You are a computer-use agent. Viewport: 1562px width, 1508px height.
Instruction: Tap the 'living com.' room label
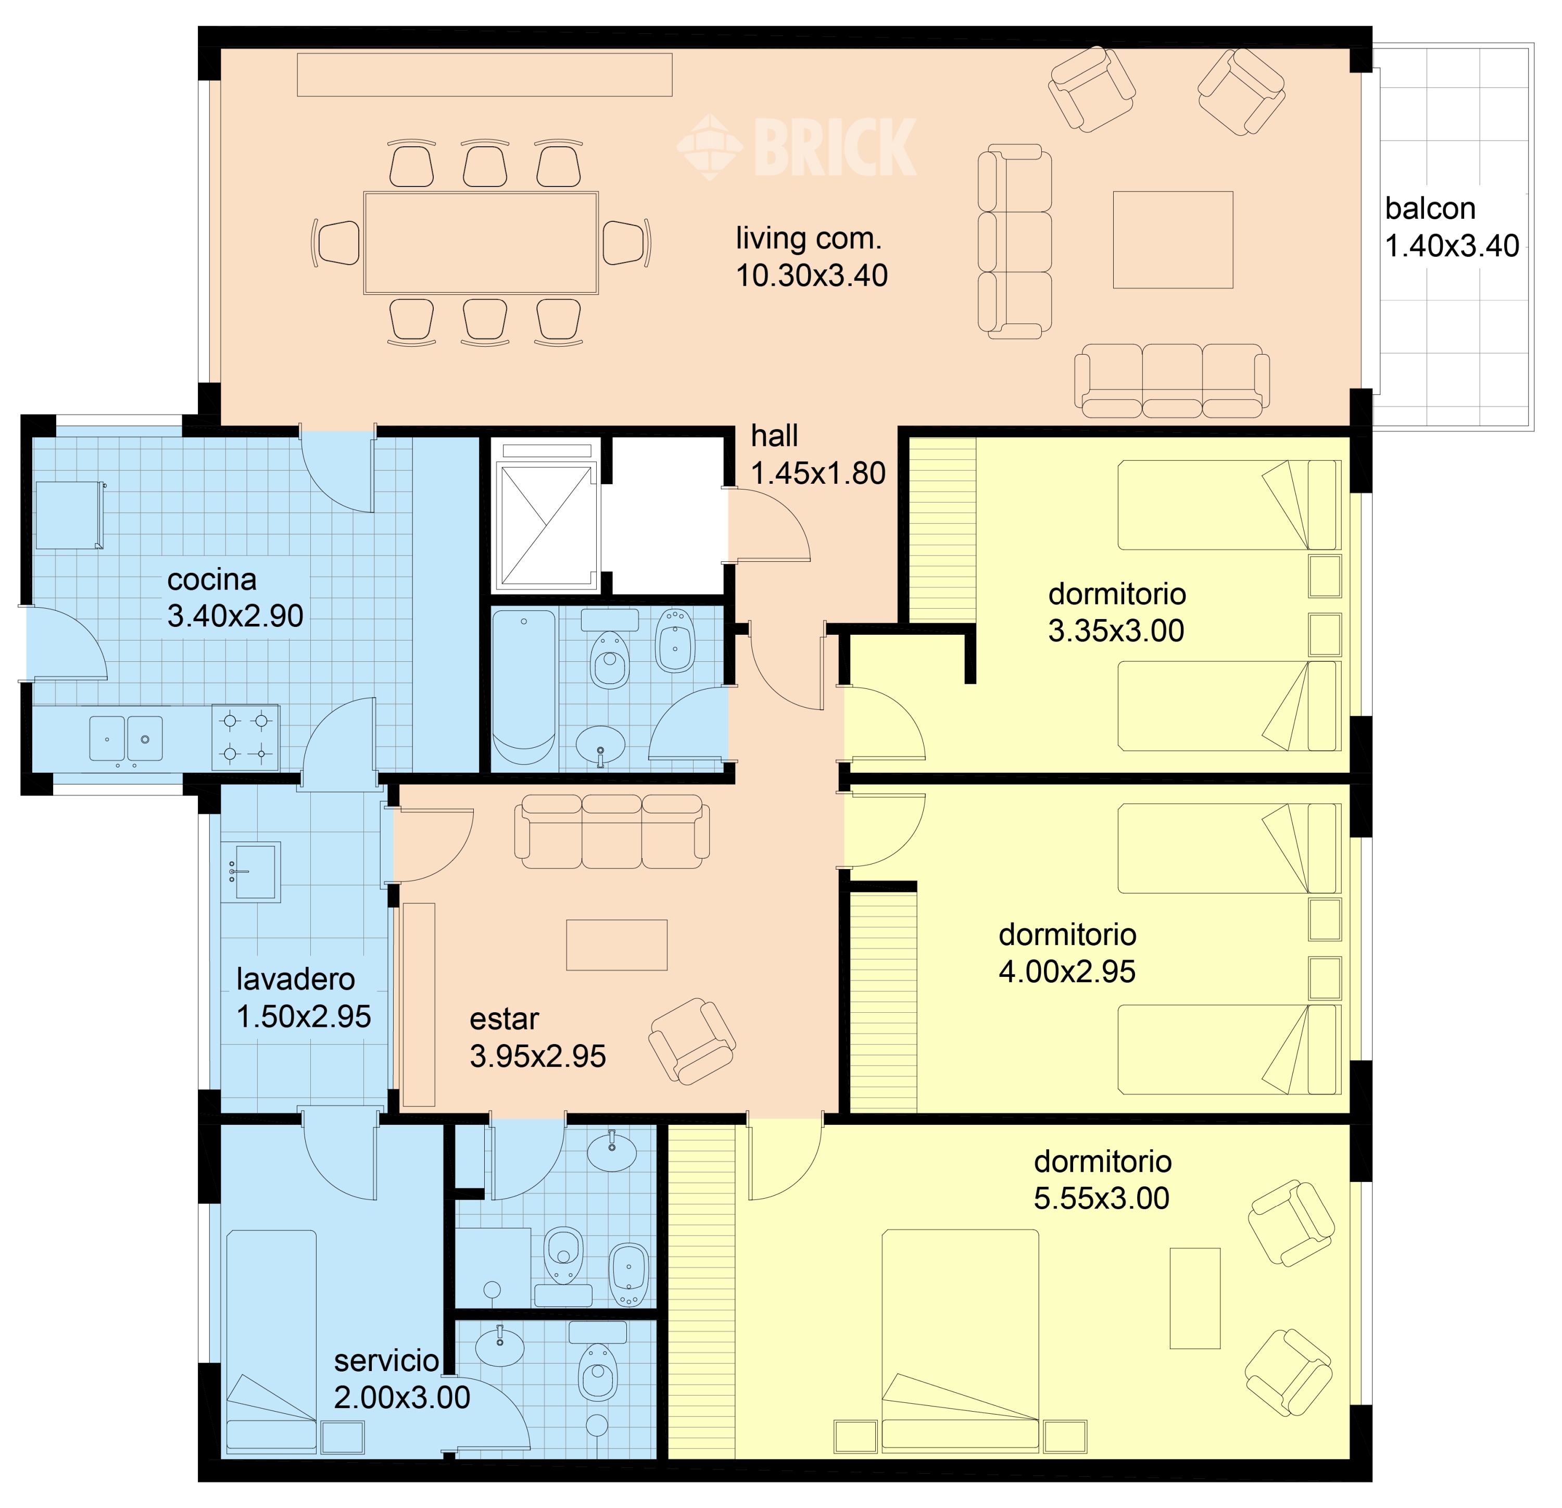[x=808, y=238]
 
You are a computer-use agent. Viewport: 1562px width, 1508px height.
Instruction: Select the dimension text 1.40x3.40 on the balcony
[x=1452, y=245]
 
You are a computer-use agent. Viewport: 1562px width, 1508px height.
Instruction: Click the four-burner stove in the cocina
[x=245, y=737]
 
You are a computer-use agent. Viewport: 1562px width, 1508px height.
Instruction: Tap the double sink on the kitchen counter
[x=126, y=738]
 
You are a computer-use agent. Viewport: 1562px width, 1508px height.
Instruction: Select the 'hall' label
[x=774, y=436]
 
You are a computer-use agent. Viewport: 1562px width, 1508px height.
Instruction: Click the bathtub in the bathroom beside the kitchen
[x=524, y=687]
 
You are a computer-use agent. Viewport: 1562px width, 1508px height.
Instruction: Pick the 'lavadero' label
[x=296, y=979]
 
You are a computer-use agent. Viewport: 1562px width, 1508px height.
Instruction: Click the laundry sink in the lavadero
[x=250, y=872]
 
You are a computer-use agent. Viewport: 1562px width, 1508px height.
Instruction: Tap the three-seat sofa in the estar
[x=612, y=831]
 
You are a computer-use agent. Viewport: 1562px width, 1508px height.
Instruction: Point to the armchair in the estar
[x=692, y=1040]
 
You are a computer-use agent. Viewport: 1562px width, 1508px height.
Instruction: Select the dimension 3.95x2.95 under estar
[x=538, y=1056]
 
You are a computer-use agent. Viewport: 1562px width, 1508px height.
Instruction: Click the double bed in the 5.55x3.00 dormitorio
[x=960, y=1341]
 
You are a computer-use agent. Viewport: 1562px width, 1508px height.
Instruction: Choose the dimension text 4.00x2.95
[x=1067, y=972]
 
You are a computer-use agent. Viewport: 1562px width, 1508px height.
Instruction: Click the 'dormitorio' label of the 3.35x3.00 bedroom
[x=1116, y=594]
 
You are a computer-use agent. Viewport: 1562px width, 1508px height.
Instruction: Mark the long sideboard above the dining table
[x=485, y=75]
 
